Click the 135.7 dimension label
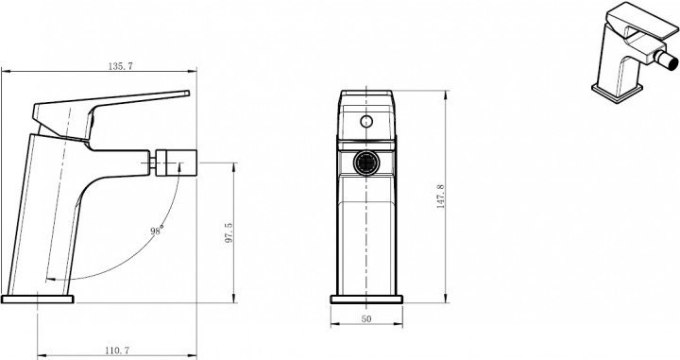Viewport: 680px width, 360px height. coord(120,66)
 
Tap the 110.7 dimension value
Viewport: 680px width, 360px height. coord(117,350)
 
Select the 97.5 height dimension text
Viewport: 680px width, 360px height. coord(229,232)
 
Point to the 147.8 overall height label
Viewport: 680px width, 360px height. coord(440,197)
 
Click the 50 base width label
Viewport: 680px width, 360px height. coord(366,318)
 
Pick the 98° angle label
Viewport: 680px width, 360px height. coord(157,231)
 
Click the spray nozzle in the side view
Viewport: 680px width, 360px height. coord(176,163)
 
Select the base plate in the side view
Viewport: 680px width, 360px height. coord(38,300)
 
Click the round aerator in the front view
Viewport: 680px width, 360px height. coord(366,163)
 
